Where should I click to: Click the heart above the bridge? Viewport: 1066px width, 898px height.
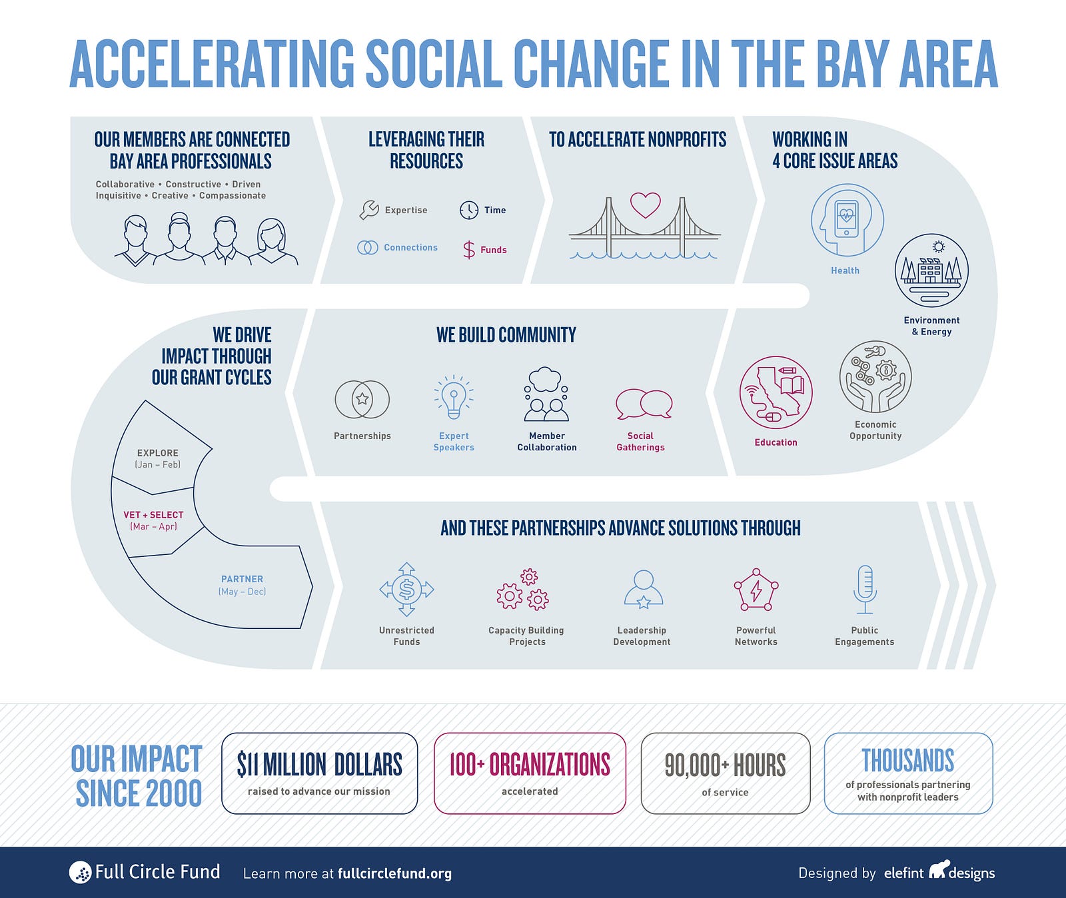coord(646,205)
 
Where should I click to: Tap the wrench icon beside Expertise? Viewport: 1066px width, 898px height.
coord(369,210)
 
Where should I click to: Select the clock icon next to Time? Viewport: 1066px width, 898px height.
coord(469,210)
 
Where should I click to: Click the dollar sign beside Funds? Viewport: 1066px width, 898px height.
coord(469,250)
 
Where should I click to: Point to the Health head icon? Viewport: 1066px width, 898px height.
coord(847,221)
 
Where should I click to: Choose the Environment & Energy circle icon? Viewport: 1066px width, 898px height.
coord(931,270)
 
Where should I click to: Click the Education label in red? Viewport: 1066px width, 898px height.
coord(776,442)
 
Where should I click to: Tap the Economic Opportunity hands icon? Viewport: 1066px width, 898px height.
coord(875,377)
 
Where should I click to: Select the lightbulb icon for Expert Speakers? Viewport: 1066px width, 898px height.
coord(454,397)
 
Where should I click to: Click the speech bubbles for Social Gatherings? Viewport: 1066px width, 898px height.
coord(644,404)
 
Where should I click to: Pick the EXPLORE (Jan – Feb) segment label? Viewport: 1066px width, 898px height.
coord(158,458)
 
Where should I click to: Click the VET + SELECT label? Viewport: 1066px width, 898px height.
coord(153,515)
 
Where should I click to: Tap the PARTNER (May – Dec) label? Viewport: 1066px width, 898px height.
coord(242,585)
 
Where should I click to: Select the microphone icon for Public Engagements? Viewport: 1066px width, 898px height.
coord(865,590)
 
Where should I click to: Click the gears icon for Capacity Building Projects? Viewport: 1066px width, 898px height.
coord(523,590)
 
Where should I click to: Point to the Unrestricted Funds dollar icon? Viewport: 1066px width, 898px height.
coord(406,590)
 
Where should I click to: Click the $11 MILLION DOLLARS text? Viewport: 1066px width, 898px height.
coord(319,765)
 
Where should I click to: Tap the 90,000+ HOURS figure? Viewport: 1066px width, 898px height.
coord(725,765)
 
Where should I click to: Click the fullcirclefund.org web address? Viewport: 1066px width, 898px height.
coord(394,873)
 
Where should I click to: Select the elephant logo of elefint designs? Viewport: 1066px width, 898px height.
coord(938,869)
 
